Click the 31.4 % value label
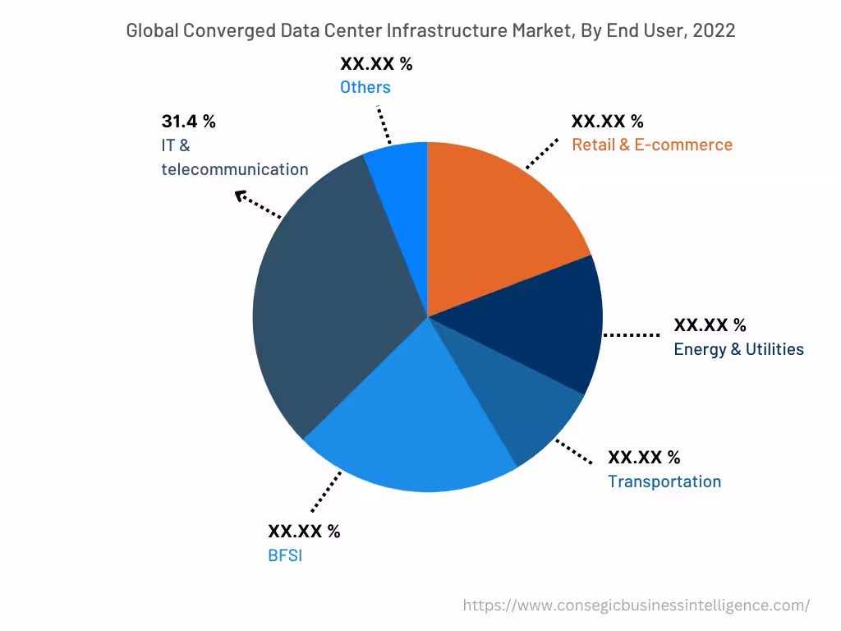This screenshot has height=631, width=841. pos(188,122)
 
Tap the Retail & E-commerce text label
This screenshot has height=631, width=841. pos(651,145)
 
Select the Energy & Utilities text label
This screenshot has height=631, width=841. pos(738,349)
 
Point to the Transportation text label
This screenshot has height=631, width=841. pos(664,481)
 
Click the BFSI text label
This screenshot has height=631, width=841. pos(285,555)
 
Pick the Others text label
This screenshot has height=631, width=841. pos(365,87)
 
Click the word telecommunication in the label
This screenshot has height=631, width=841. pos(235,169)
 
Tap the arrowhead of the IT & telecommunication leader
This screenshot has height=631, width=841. pos(240,196)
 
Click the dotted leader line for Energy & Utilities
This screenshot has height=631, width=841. pos(632,335)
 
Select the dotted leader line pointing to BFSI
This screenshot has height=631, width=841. pos(326,491)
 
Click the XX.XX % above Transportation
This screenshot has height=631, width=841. pos(644,458)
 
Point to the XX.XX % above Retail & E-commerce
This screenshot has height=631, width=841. pos(608,122)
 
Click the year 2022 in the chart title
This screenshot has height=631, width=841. pos(714,31)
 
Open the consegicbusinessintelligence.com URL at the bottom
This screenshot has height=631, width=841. pos(636,606)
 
